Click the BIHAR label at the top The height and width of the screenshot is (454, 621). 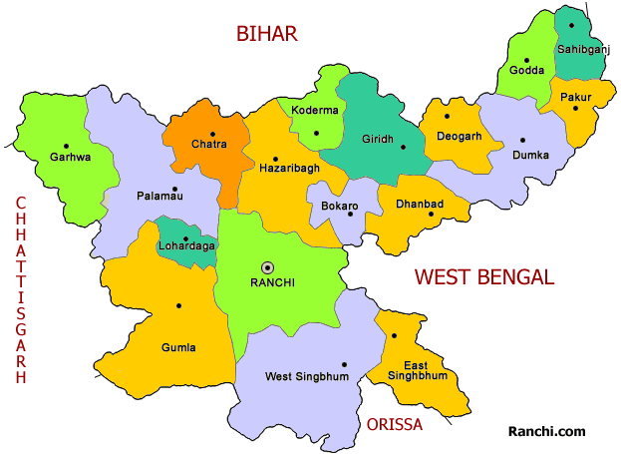266,34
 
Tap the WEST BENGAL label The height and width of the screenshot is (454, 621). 483,277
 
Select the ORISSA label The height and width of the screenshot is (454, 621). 394,424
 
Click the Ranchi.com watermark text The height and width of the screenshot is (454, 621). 547,431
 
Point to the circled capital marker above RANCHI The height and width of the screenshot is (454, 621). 267,266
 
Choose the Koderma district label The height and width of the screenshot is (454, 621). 314,111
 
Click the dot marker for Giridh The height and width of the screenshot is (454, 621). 404,147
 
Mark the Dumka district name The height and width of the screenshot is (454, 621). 530,156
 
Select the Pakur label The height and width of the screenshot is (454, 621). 575,97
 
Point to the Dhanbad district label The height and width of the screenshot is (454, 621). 419,204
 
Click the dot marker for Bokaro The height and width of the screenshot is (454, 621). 350,214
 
